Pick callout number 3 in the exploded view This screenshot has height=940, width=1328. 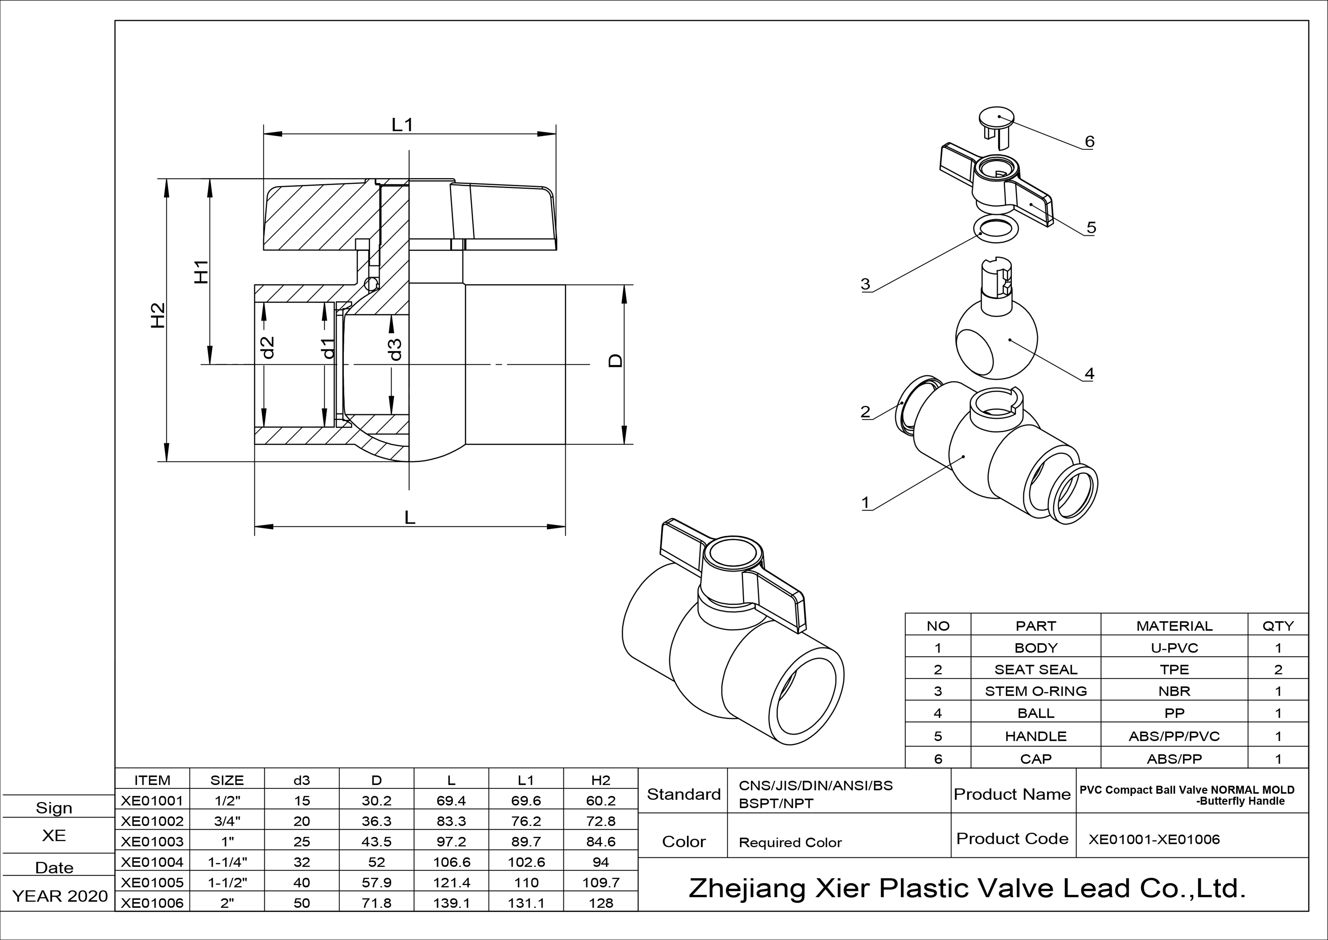coord(865,284)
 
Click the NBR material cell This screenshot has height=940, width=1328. coord(1174,691)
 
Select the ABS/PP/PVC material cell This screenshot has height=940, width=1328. coord(1174,736)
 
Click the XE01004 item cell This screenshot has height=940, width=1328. coord(152,862)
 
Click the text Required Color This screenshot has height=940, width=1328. coord(790,843)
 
